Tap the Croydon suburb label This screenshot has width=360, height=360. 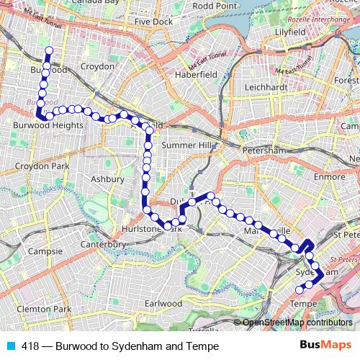tap(98, 66)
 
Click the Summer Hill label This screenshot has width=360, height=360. tap(188, 145)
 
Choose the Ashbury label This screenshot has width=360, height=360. tap(109, 179)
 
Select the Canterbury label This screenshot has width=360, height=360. tap(104, 245)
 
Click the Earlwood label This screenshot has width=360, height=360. tap(163, 304)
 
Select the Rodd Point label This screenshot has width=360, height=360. tap(216, 6)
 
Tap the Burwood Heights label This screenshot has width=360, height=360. tap(48, 125)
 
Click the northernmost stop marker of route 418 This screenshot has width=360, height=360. tap(49, 50)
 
